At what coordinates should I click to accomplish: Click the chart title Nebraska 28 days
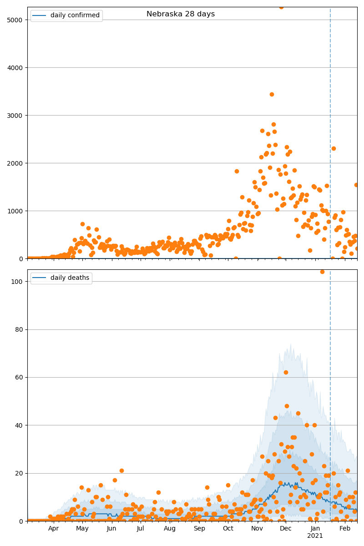click(181, 14)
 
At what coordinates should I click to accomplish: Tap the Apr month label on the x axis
click(54, 529)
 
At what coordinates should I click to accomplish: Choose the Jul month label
click(141, 529)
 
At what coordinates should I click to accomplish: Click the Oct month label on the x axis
click(228, 529)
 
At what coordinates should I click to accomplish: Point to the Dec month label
click(286, 529)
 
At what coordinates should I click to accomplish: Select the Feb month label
click(345, 529)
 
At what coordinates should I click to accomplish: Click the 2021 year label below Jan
click(315, 536)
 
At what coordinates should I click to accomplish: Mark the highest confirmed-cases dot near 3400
click(272, 94)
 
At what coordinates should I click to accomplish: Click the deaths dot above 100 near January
click(322, 272)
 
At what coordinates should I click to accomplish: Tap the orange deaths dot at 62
click(286, 372)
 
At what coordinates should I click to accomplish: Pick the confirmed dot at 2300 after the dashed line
click(334, 148)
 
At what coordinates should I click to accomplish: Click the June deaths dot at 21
click(121, 470)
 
